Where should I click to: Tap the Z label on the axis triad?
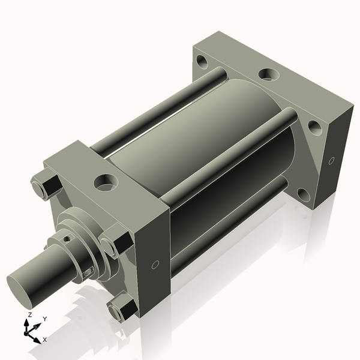pyautogui.click(x=30, y=314)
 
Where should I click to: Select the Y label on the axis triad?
pyautogui.click(x=45, y=319)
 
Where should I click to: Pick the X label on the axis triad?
pyautogui.click(x=45, y=340)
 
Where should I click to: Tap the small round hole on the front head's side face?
pyautogui.click(x=155, y=265)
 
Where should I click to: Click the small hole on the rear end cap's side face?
pyautogui.click(x=332, y=161)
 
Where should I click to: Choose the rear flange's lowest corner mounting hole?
pyautogui.click(x=304, y=195)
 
